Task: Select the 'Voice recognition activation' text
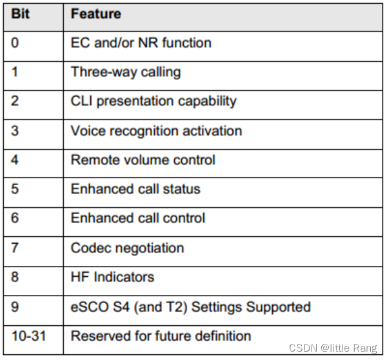(x=156, y=130)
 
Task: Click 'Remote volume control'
(x=143, y=159)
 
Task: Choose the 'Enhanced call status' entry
(x=135, y=189)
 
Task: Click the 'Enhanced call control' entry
(x=138, y=218)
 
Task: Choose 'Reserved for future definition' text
(x=161, y=335)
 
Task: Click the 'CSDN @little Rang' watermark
(x=333, y=348)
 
